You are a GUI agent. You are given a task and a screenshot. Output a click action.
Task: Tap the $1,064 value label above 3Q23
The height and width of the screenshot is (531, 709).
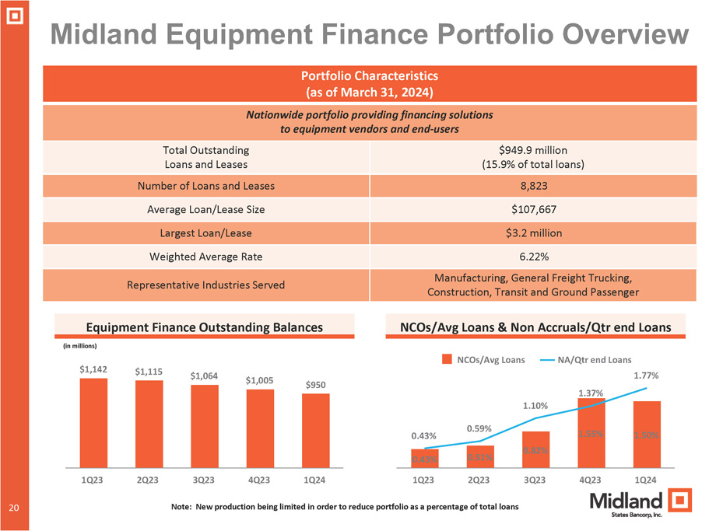[204, 376]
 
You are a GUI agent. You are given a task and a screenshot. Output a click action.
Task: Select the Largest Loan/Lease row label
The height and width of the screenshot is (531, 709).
[205, 233]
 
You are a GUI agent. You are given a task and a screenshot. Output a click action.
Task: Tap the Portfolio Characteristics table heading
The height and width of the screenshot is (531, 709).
[369, 84]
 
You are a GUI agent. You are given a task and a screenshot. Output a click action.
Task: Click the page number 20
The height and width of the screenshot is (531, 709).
[13, 508]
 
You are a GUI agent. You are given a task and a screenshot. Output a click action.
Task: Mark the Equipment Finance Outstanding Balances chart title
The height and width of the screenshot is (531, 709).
[204, 328]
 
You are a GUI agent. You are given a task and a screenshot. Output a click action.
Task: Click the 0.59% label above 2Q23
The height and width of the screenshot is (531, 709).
[479, 428]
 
